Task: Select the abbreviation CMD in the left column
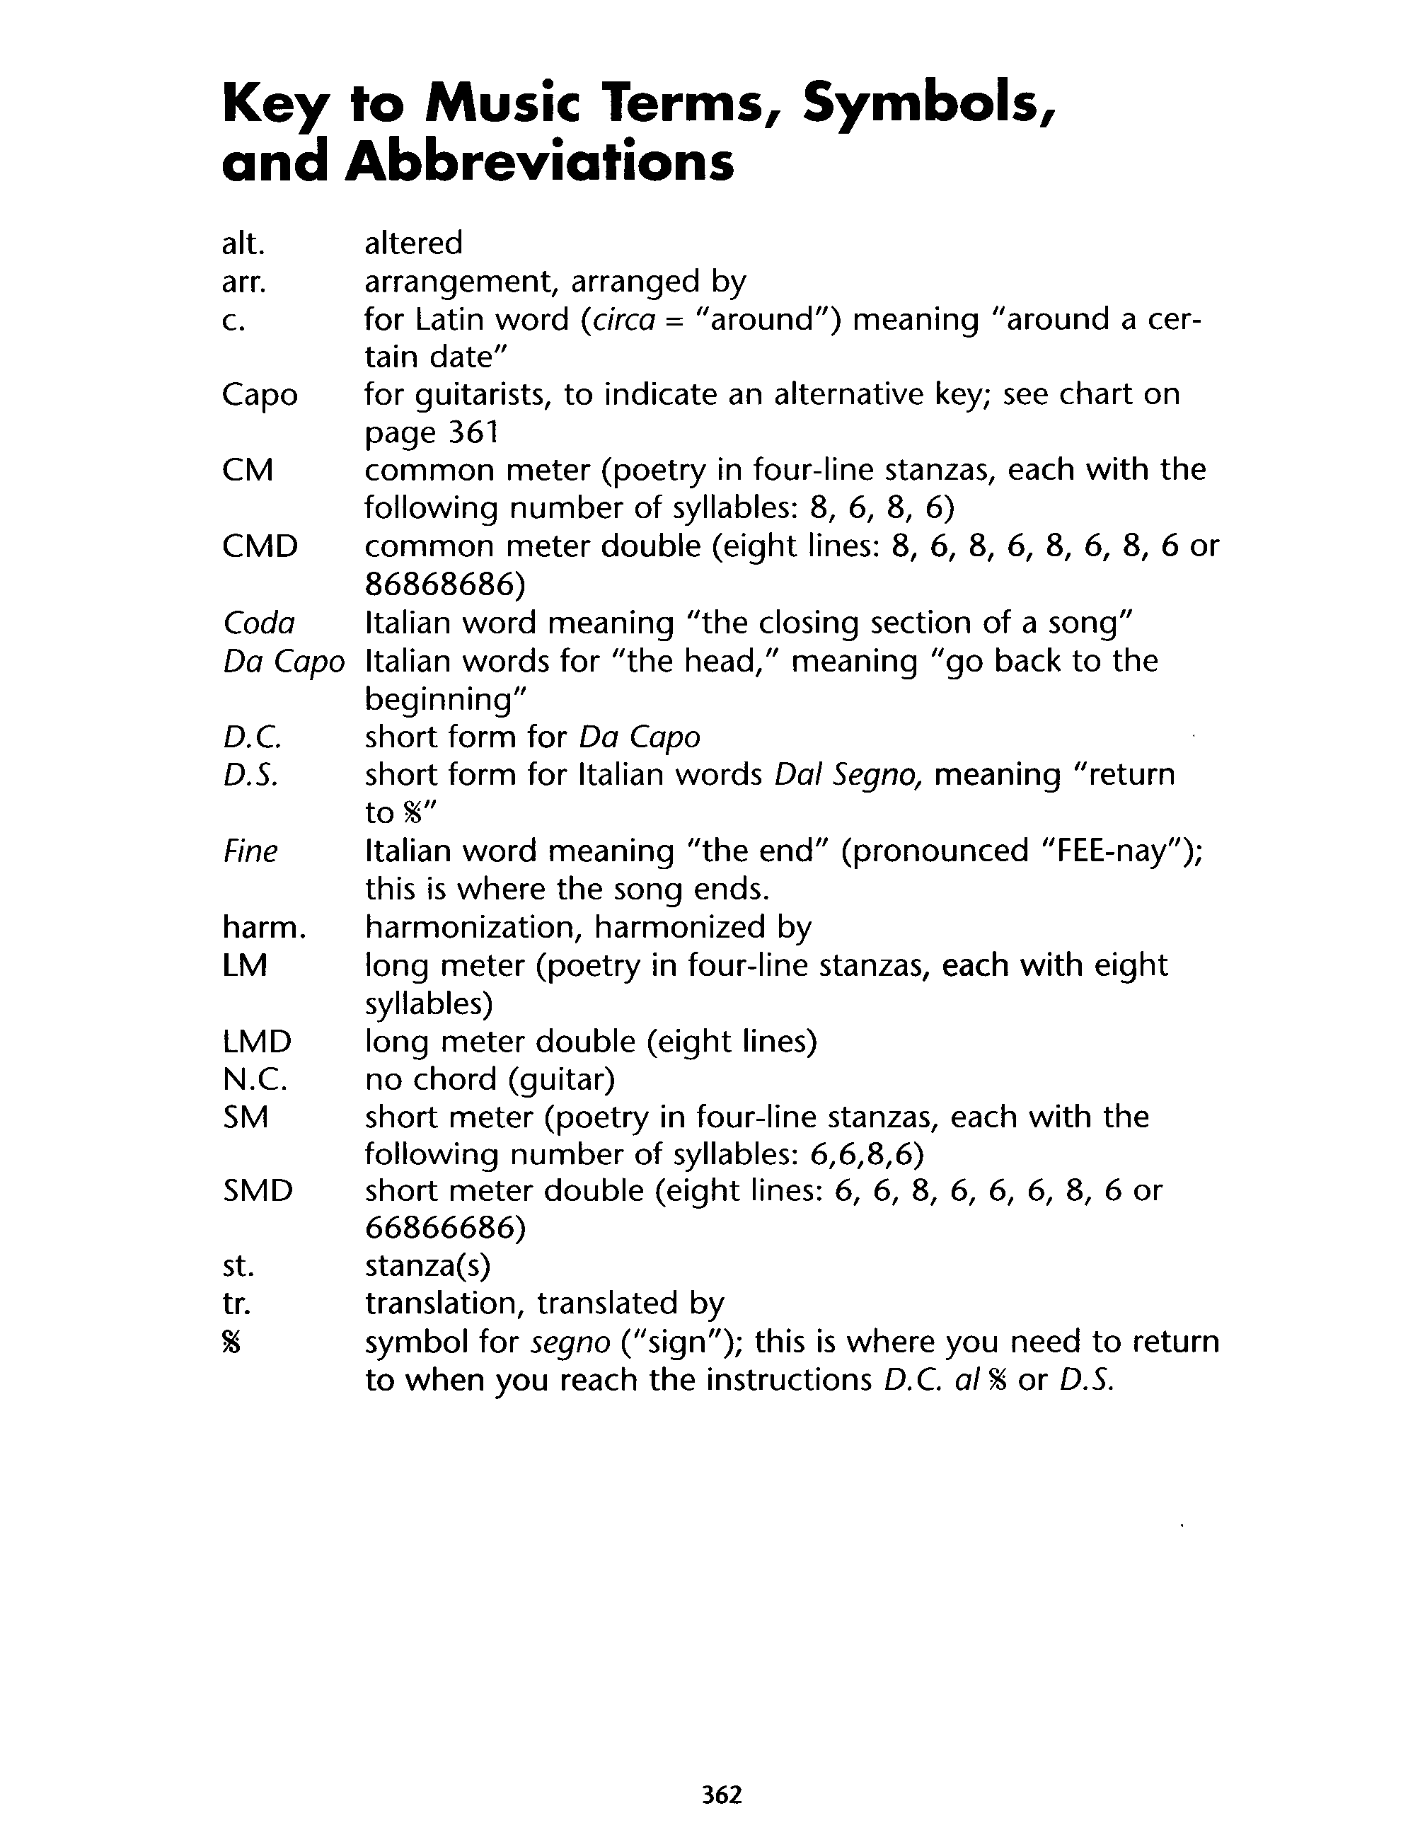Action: point(260,546)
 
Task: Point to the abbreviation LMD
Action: point(257,1041)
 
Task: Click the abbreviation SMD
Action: point(258,1191)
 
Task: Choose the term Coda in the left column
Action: point(259,623)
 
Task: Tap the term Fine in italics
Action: point(250,851)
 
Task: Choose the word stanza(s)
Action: point(427,1266)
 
